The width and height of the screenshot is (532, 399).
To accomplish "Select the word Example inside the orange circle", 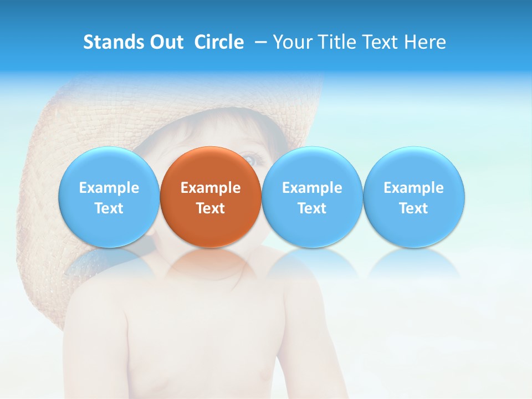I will point(211,188).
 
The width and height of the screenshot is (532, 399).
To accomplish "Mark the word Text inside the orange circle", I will point(211,208).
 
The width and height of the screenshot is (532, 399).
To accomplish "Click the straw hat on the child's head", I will point(83,122).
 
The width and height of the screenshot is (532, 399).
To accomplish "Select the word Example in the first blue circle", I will point(109,188).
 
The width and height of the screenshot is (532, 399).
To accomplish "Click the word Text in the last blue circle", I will point(413,208).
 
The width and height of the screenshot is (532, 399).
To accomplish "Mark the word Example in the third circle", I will point(312,188).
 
